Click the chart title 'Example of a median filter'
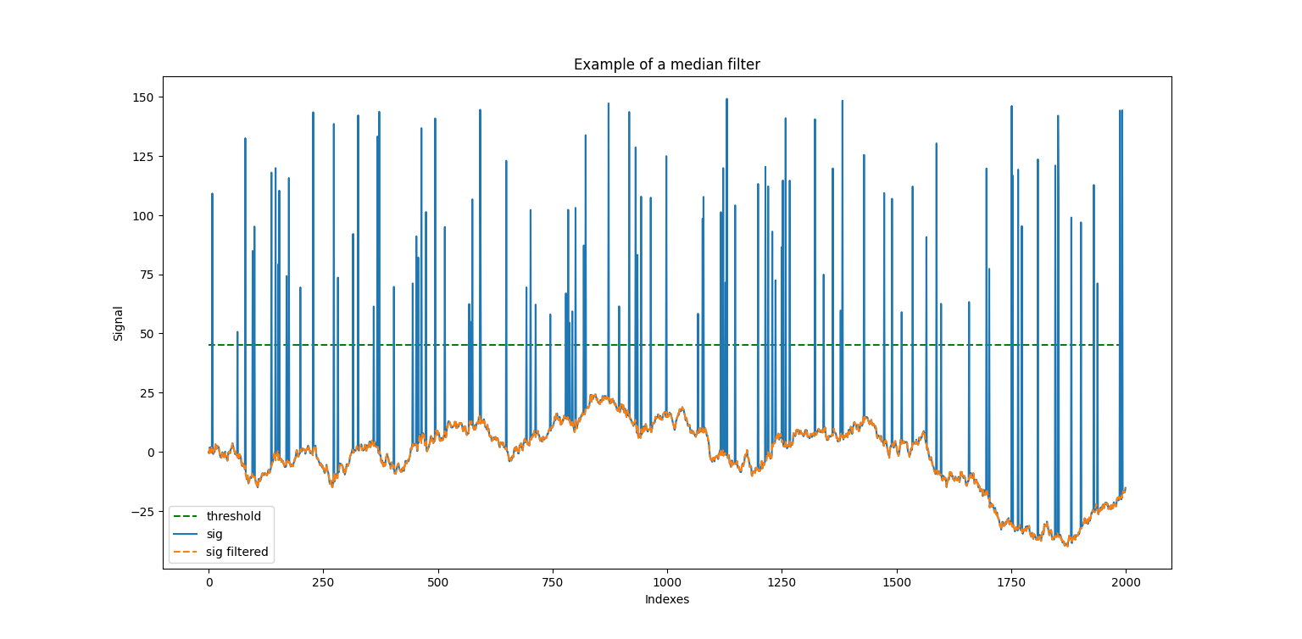[666, 64]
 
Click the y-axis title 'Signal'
[119, 323]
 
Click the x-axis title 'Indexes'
[666, 599]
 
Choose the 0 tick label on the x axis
[209, 583]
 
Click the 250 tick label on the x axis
[323, 583]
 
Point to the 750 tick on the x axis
[552, 583]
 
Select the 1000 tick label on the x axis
[666, 583]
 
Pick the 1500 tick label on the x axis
[896, 583]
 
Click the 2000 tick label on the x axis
[1125, 583]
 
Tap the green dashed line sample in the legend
[186, 516]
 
